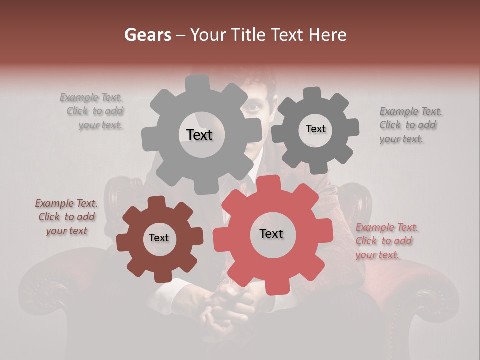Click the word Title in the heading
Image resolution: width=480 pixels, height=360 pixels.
pyautogui.click(x=248, y=35)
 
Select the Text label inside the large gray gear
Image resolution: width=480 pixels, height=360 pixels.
pyautogui.click(x=199, y=135)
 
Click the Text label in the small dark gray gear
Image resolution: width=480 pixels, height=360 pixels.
pyautogui.click(x=315, y=129)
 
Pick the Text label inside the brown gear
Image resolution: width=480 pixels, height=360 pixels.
pyautogui.click(x=159, y=238)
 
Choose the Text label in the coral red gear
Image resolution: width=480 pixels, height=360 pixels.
pyautogui.click(x=271, y=233)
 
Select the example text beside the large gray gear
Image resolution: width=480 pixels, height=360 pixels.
pyautogui.click(x=93, y=111)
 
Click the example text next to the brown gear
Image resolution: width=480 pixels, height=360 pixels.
pyautogui.click(x=66, y=217)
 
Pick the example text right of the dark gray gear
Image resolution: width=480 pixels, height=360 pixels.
pyautogui.click(x=410, y=125)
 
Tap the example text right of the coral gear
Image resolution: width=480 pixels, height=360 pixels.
pyautogui.click(x=386, y=241)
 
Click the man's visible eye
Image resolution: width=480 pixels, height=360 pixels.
pyautogui.click(x=254, y=108)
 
